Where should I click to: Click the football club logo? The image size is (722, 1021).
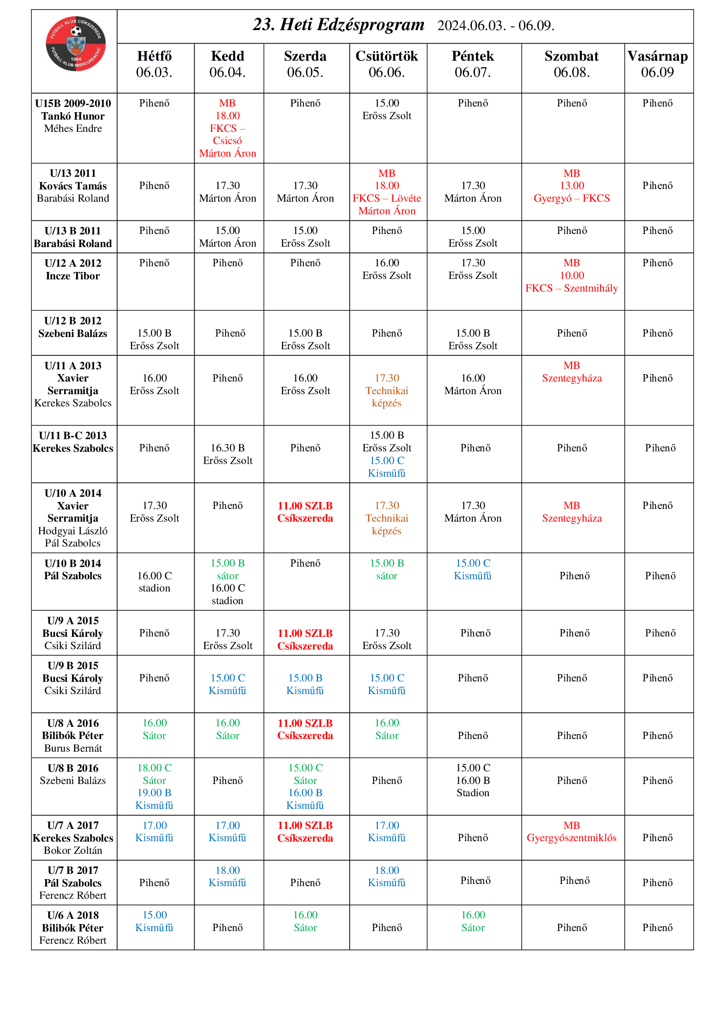(x=75, y=43)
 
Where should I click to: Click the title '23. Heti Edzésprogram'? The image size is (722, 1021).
(x=338, y=25)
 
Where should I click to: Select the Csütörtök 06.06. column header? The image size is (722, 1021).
(x=386, y=64)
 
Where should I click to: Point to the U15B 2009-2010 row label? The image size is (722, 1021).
(x=73, y=116)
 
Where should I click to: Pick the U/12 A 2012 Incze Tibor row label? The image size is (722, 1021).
(x=73, y=269)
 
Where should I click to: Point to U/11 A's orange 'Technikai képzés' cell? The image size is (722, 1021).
(x=386, y=390)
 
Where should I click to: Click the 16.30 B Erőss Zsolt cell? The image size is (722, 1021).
(x=227, y=454)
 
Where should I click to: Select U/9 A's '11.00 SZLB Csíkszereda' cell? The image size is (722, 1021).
(x=305, y=639)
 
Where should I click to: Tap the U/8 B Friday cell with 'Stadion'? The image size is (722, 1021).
(x=473, y=780)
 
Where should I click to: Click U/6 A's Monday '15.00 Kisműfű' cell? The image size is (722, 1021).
(x=154, y=921)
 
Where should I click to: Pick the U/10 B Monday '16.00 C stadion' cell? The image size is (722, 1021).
(x=154, y=581)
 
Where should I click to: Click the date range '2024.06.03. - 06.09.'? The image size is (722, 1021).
(x=496, y=26)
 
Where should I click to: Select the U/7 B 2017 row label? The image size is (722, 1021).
(x=73, y=883)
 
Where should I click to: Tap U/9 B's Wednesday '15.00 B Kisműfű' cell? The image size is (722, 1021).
(x=305, y=684)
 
